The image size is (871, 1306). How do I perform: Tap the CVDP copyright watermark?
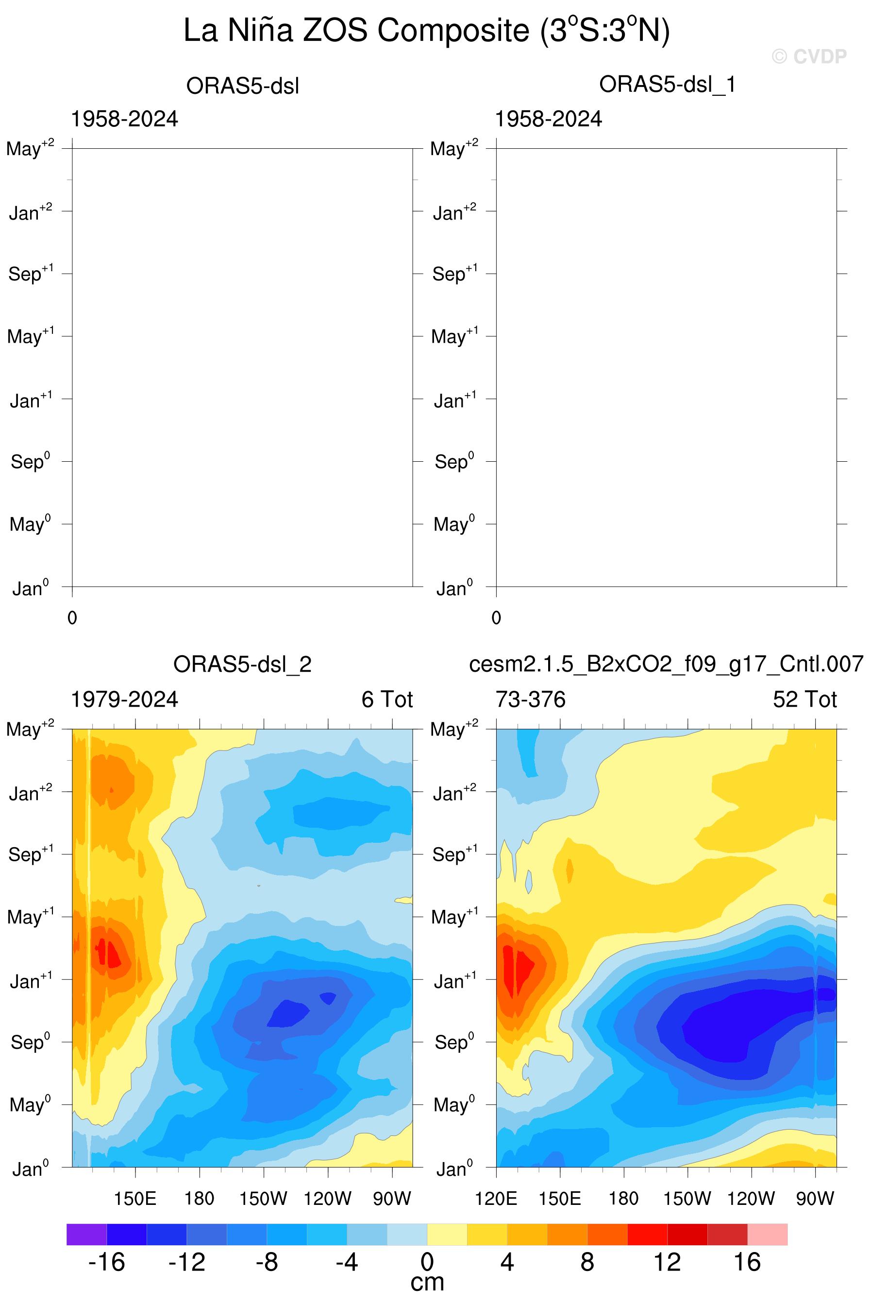(x=809, y=56)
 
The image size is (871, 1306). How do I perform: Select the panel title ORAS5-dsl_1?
(x=667, y=85)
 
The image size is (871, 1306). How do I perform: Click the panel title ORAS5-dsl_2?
(x=242, y=664)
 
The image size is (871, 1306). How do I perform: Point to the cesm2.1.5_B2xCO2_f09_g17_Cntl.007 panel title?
(x=666, y=664)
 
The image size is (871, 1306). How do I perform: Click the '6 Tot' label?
(x=387, y=699)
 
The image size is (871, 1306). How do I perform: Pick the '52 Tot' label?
(x=805, y=699)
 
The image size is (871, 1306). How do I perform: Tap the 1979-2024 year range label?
(x=124, y=699)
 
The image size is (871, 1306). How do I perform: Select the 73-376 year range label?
(x=531, y=699)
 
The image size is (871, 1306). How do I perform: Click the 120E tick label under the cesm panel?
(x=496, y=1198)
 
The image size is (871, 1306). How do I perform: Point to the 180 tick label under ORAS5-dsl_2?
(x=200, y=1198)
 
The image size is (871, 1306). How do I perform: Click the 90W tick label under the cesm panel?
(x=815, y=1198)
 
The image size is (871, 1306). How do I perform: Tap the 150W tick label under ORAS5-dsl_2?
(x=263, y=1198)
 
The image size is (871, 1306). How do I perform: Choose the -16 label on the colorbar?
(x=107, y=1263)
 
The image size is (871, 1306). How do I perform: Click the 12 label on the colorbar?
(x=667, y=1263)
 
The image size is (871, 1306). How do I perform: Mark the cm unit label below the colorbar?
(x=427, y=1283)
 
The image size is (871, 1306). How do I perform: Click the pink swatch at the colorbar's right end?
(x=767, y=1234)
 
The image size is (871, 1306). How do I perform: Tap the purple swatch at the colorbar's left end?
(x=86, y=1234)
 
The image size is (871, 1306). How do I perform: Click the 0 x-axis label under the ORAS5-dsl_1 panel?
(x=496, y=618)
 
